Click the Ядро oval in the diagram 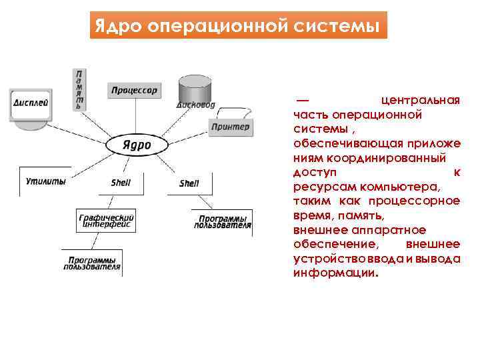[x=137, y=145]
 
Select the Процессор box [x=134, y=90]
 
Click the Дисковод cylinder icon [x=195, y=91]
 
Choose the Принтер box [x=230, y=127]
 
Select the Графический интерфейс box [x=107, y=221]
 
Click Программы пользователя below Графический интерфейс [x=92, y=263]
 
